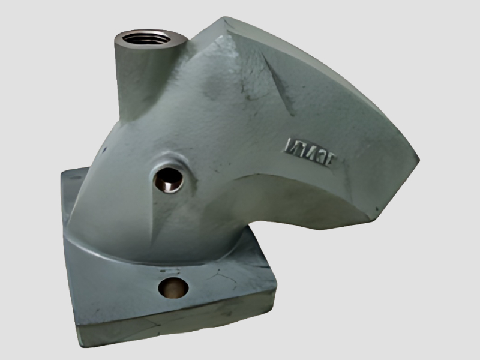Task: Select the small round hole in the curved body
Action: [168, 179]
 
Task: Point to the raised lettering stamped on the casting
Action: [312, 147]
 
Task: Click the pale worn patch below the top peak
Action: [216, 84]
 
